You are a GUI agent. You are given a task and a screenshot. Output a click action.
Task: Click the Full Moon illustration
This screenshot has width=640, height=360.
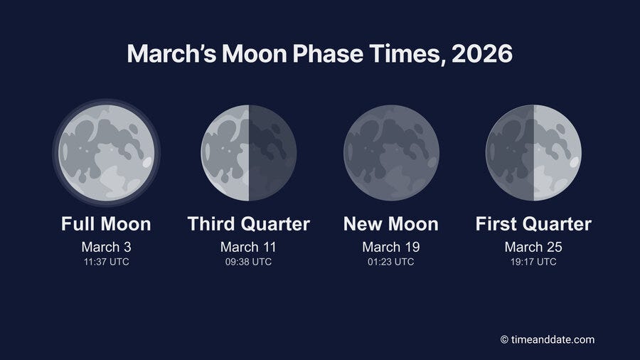(106, 153)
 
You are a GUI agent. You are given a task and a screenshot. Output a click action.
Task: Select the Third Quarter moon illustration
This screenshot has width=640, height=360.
(248, 153)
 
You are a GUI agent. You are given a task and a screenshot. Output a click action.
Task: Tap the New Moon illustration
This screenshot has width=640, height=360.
(391, 153)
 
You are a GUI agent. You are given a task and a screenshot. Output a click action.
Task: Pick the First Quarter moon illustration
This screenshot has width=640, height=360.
(533, 153)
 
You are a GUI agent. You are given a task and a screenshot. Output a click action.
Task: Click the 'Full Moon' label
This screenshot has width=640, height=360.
(106, 224)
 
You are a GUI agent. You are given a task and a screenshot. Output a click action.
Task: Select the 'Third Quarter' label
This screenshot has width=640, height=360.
(248, 224)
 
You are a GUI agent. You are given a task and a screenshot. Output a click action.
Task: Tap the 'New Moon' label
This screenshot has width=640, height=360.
(391, 224)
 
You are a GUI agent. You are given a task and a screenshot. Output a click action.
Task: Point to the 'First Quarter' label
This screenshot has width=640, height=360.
(533, 224)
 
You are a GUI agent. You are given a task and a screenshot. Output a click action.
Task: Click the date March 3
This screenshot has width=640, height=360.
(106, 247)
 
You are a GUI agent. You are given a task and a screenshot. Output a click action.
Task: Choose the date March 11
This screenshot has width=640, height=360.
(248, 247)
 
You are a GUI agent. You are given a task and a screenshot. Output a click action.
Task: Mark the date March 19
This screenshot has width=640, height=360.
(391, 247)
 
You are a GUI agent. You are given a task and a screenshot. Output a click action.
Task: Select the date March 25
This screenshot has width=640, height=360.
(533, 247)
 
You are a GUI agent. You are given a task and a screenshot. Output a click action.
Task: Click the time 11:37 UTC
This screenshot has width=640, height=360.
(106, 262)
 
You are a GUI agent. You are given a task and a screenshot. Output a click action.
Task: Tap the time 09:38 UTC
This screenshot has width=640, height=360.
(248, 262)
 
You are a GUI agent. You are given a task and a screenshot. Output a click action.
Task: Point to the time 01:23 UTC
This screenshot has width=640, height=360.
(391, 262)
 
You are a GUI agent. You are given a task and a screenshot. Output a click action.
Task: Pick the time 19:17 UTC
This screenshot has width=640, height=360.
(533, 262)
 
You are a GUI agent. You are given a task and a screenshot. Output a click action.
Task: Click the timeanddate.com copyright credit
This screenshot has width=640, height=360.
(547, 339)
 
